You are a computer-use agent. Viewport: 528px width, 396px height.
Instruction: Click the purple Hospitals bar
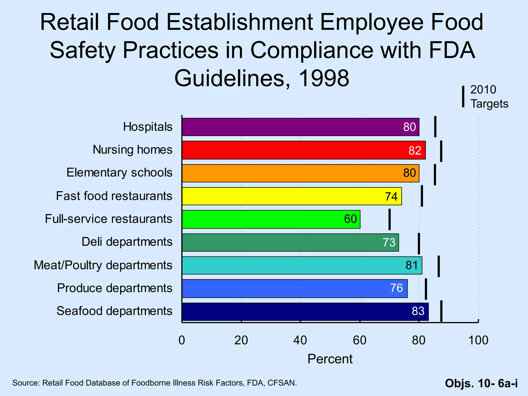click(x=300, y=127)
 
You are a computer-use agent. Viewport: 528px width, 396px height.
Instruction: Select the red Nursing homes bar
click(x=303, y=150)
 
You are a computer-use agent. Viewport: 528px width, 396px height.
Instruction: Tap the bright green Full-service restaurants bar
click(x=271, y=219)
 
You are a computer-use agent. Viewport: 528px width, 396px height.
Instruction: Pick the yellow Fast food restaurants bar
click(x=291, y=196)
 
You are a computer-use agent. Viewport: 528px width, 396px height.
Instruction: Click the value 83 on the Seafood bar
click(x=418, y=311)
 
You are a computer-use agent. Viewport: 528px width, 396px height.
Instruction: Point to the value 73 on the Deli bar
click(x=389, y=242)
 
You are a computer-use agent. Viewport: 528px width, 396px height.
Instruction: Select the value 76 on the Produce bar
click(x=396, y=288)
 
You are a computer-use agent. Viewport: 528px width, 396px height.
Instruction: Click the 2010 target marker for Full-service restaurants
click(x=390, y=219)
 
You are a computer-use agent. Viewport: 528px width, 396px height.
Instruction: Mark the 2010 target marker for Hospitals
click(x=435, y=127)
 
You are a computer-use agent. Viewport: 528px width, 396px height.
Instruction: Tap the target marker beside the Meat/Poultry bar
click(x=439, y=266)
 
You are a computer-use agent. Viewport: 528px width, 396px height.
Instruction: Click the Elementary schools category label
click(x=119, y=172)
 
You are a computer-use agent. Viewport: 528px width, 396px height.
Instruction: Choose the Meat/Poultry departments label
click(x=103, y=265)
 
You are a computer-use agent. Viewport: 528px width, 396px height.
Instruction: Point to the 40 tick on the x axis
click(x=300, y=340)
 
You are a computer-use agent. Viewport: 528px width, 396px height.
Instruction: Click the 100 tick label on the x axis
click(x=478, y=340)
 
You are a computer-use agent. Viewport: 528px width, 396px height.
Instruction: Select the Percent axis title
click(x=330, y=359)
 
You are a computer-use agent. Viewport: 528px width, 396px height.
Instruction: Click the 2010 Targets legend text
click(x=489, y=97)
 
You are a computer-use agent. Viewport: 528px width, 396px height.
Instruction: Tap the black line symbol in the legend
click(x=463, y=97)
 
